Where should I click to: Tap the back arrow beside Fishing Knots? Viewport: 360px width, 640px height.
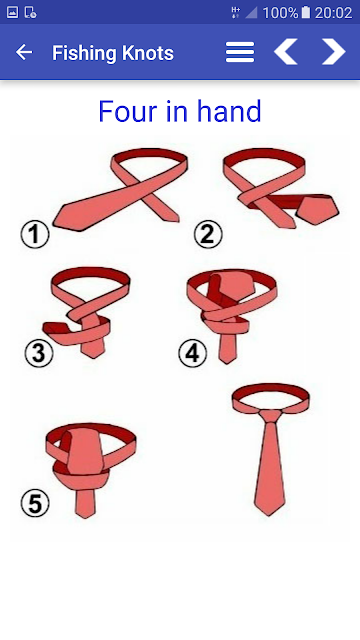coord(24,52)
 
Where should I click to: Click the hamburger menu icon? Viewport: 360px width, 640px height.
coord(240,52)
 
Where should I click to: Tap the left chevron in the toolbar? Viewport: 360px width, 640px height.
coord(285,52)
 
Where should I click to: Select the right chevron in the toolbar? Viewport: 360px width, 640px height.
coord(334,52)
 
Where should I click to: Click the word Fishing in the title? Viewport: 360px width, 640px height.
coord(84,53)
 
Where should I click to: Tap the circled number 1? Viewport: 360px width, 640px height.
coord(35,235)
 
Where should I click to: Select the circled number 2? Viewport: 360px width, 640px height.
coord(208,234)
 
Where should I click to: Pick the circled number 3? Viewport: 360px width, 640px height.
coord(39,353)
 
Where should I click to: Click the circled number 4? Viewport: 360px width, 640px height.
coord(193,353)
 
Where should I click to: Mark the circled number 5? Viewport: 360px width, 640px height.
coord(35,504)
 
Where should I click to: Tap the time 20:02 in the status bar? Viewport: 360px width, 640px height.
coord(333,13)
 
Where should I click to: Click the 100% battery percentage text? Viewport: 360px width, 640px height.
coord(280,13)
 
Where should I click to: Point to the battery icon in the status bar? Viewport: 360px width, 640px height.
coord(306,13)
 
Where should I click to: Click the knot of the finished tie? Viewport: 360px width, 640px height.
coord(270,416)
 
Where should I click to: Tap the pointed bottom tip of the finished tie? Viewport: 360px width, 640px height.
coord(269,515)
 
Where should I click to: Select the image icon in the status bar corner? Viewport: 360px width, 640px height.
coord(12,13)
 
